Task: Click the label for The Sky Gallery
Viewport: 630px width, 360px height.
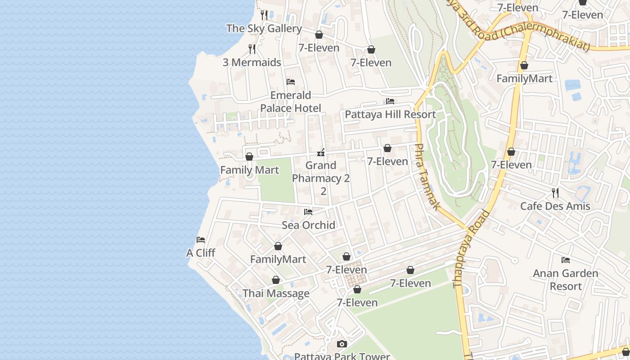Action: pyautogui.click(x=264, y=28)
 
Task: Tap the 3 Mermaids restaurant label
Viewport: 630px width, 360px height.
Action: pyautogui.click(x=252, y=63)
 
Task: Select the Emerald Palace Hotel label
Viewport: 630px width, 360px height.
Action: pyautogui.click(x=291, y=102)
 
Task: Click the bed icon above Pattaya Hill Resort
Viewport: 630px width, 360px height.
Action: pyautogui.click(x=390, y=101)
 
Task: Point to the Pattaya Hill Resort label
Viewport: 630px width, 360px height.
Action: pyautogui.click(x=390, y=114)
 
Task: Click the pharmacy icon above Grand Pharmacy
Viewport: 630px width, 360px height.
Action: pyautogui.click(x=321, y=152)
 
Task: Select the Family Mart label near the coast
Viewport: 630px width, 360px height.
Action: pyautogui.click(x=249, y=170)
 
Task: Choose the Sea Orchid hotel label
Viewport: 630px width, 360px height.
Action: pyautogui.click(x=308, y=225)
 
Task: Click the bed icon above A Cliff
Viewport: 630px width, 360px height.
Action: pyautogui.click(x=201, y=240)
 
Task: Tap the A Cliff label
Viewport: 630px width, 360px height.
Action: pyautogui.click(x=201, y=253)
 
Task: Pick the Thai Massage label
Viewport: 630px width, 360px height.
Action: pyautogui.click(x=276, y=293)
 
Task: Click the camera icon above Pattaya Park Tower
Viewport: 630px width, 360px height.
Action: pyautogui.click(x=342, y=344)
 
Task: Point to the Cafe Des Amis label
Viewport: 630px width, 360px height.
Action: pyautogui.click(x=555, y=206)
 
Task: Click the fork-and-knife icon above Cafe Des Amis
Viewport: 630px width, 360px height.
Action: pyautogui.click(x=555, y=193)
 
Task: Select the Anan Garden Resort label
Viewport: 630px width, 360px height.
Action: pyautogui.click(x=565, y=279)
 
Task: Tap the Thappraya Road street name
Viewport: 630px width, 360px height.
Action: pyautogui.click(x=471, y=248)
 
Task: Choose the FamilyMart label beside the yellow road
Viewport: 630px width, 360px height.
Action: pyautogui.click(x=524, y=78)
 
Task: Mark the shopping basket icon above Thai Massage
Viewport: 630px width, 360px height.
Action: pyautogui.click(x=276, y=280)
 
